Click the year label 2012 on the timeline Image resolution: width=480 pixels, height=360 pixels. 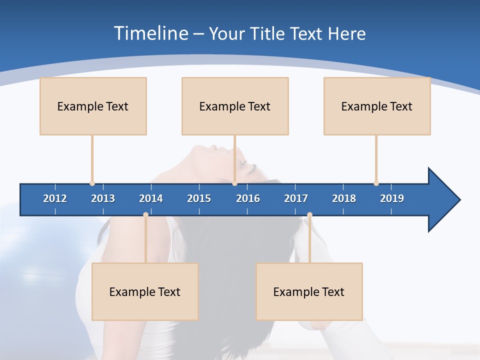(55, 198)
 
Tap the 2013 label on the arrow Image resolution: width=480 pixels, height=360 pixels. (103, 198)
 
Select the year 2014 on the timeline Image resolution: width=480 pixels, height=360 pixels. (151, 198)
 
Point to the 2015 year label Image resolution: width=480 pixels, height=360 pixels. (199, 198)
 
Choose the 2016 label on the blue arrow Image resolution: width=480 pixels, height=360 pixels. (248, 198)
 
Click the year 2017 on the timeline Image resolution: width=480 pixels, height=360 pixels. (296, 198)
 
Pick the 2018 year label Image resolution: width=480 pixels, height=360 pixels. (344, 198)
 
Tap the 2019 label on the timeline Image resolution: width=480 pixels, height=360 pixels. (392, 198)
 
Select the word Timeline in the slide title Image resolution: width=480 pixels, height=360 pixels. (151, 33)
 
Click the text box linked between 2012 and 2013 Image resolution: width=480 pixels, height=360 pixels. (93, 106)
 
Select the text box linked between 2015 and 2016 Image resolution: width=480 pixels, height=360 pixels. (235, 106)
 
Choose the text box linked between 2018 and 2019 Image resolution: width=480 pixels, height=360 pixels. (377, 106)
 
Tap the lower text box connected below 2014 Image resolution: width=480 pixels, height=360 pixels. (145, 291)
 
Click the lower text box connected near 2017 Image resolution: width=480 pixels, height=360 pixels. (309, 291)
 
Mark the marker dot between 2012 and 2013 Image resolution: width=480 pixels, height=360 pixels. (92, 183)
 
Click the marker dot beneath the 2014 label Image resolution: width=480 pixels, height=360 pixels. (145, 214)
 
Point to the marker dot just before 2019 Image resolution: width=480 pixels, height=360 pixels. (376, 183)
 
